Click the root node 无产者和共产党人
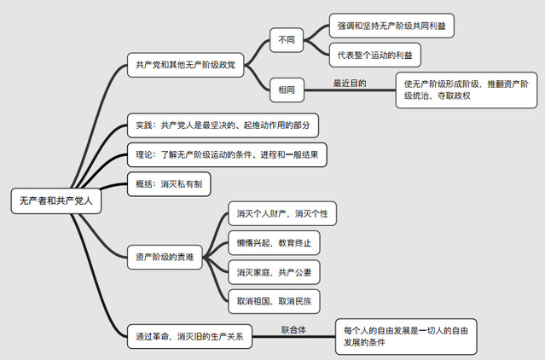(x=57, y=201)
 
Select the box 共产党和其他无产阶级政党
(x=185, y=65)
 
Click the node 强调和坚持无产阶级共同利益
(x=391, y=26)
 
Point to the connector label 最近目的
(x=350, y=83)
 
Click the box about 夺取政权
(x=467, y=90)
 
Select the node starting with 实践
(x=223, y=125)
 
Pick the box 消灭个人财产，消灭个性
(x=281, y=214)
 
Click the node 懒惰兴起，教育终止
(x=273, y=243)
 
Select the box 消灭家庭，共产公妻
(x=273, y=272)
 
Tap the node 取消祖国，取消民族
(x=273, y=301)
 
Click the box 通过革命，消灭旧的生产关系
(x=189, y=336)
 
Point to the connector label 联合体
(x=293, y=328)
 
